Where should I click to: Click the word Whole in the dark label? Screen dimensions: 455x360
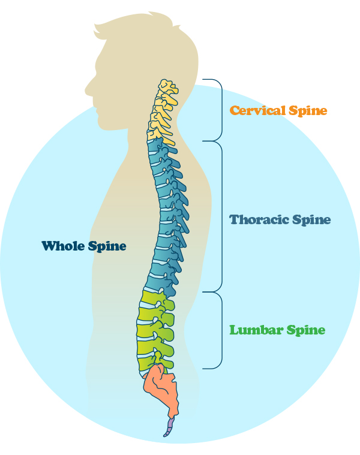point(63,246)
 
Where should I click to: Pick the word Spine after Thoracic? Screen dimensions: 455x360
point(310,220)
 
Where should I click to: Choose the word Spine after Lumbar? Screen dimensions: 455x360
point(305,330)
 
